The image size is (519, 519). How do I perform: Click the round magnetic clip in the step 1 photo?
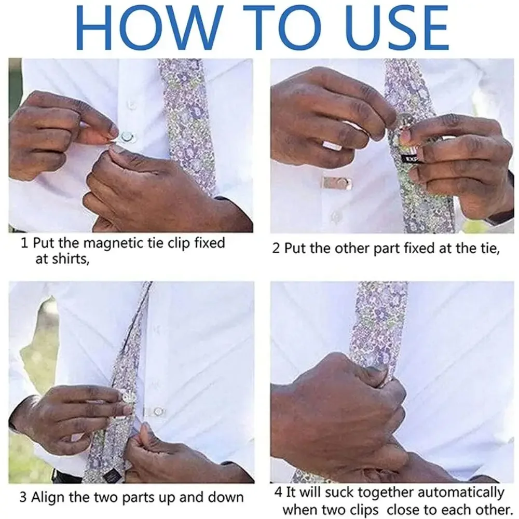(126, 138)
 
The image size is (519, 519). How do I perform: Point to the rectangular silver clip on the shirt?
(336, 183)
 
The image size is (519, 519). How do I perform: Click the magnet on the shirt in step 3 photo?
(158, 412)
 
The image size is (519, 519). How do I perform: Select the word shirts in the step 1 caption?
(61, 259)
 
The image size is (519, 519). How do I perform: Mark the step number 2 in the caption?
(276, 249)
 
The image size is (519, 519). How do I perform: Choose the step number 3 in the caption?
(23, 498)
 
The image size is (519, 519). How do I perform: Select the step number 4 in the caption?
(278, 492)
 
